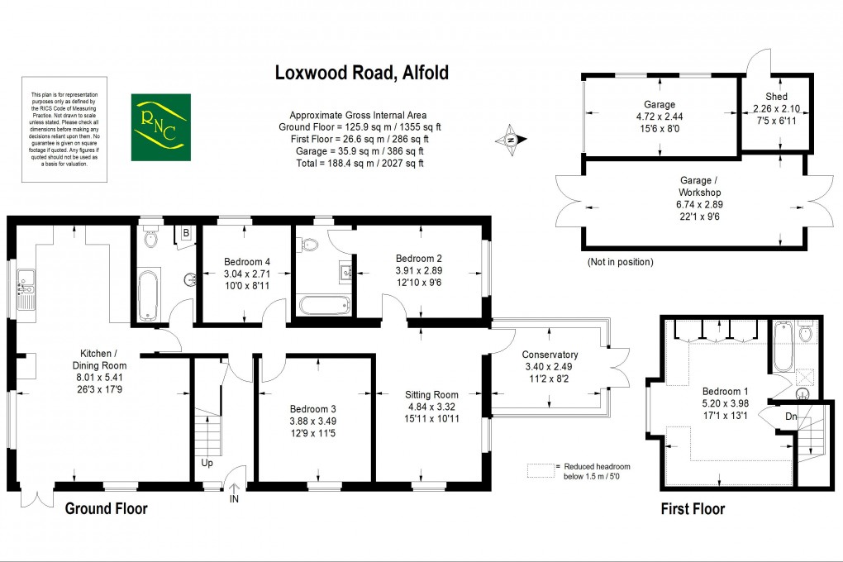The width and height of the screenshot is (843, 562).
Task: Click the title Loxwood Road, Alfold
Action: pos(361,73)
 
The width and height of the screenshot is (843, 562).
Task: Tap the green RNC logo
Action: pos(160,127)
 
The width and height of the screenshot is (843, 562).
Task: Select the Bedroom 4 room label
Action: pos(247,262)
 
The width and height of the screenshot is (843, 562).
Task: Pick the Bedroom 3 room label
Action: pos(313,409)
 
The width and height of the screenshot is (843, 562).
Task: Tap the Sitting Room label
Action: pos(431,394)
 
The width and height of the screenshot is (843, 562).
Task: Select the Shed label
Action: pos(776,97)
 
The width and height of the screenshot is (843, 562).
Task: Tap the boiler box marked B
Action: pos(186,233)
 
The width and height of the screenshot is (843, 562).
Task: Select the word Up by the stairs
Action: pos(207,462)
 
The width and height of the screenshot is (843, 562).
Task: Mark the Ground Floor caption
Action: pos(106,508)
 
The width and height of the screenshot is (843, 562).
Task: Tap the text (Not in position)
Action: pos(620,262)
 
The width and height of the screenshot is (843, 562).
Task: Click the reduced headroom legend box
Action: pos(540,470)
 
